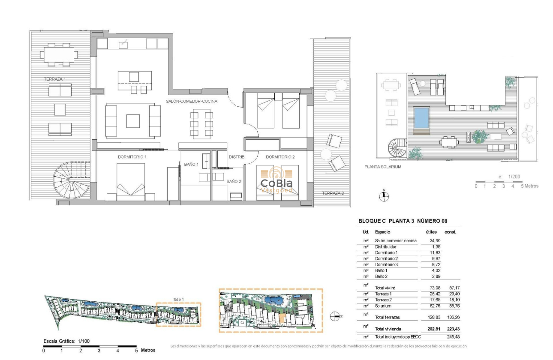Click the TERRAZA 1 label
pos(58,79)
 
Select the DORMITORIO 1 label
pos(132,157)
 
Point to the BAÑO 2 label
pos(234,181)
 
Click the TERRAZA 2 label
pos(333,193)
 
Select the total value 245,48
pos(449,337)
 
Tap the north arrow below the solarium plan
pos(385,195)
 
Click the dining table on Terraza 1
pos(59,54)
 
